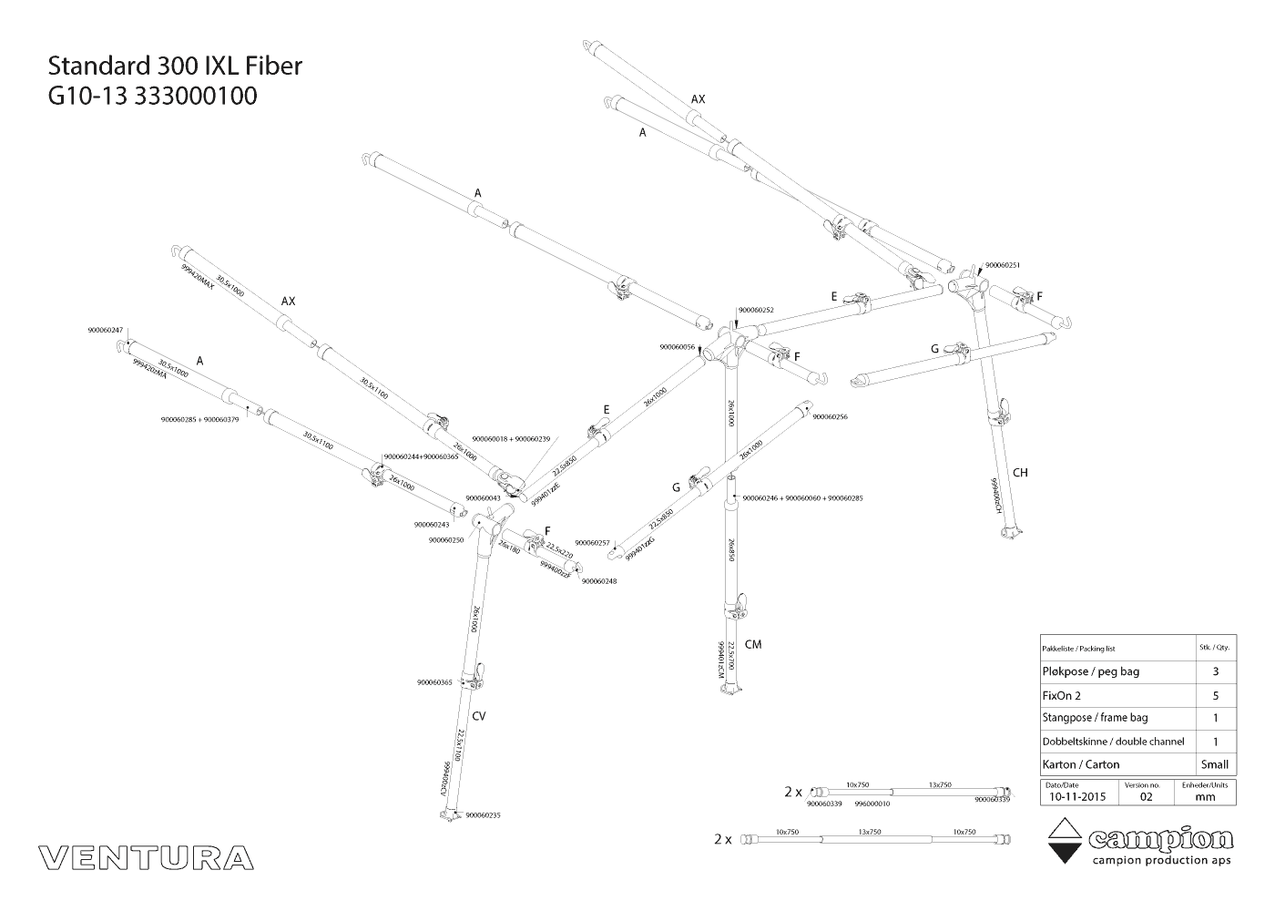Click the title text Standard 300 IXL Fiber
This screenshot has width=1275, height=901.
pyautogui.click(x=175, y=67)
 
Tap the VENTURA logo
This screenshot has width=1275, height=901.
pyautogui.click(x=146, y=857)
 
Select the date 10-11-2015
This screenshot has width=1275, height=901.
pyautogui.click(x=1076, y=796)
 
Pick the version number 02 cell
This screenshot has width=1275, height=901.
pyautogui.click(x=1146, y=796)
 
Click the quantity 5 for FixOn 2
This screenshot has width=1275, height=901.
pyautogui.click(x=1215, y=694)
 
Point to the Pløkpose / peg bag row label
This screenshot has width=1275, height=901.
pyautogui.click(x=1090, y=671)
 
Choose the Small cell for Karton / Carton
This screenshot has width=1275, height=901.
pyautogui.click(x=1215, y=764)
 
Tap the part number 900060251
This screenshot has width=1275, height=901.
pyautogui.click(x=1003, y=265)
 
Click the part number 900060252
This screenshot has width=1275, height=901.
pyautogui.click(x=756, y=310)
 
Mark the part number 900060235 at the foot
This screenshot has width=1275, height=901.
pyautogui.click(x=483, y=815)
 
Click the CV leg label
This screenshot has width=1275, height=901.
pyautogui.click(x=479, y=716)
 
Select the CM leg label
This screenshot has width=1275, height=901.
pyautogui.click(x=752, y=645)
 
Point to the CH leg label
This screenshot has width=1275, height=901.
pyautogui.click(x=1020, y=472)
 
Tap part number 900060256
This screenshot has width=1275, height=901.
pyautogui.click(x=830, y=416)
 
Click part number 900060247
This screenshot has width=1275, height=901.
pyautogui.click(x=106, y=330)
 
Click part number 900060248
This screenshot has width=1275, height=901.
pyautogui.click(x=598, y=581)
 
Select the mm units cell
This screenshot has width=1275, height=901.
pyautogui.click(x=1205, y=796)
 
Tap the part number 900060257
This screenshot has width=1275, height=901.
pyautogui.click(x=592, y=543)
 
